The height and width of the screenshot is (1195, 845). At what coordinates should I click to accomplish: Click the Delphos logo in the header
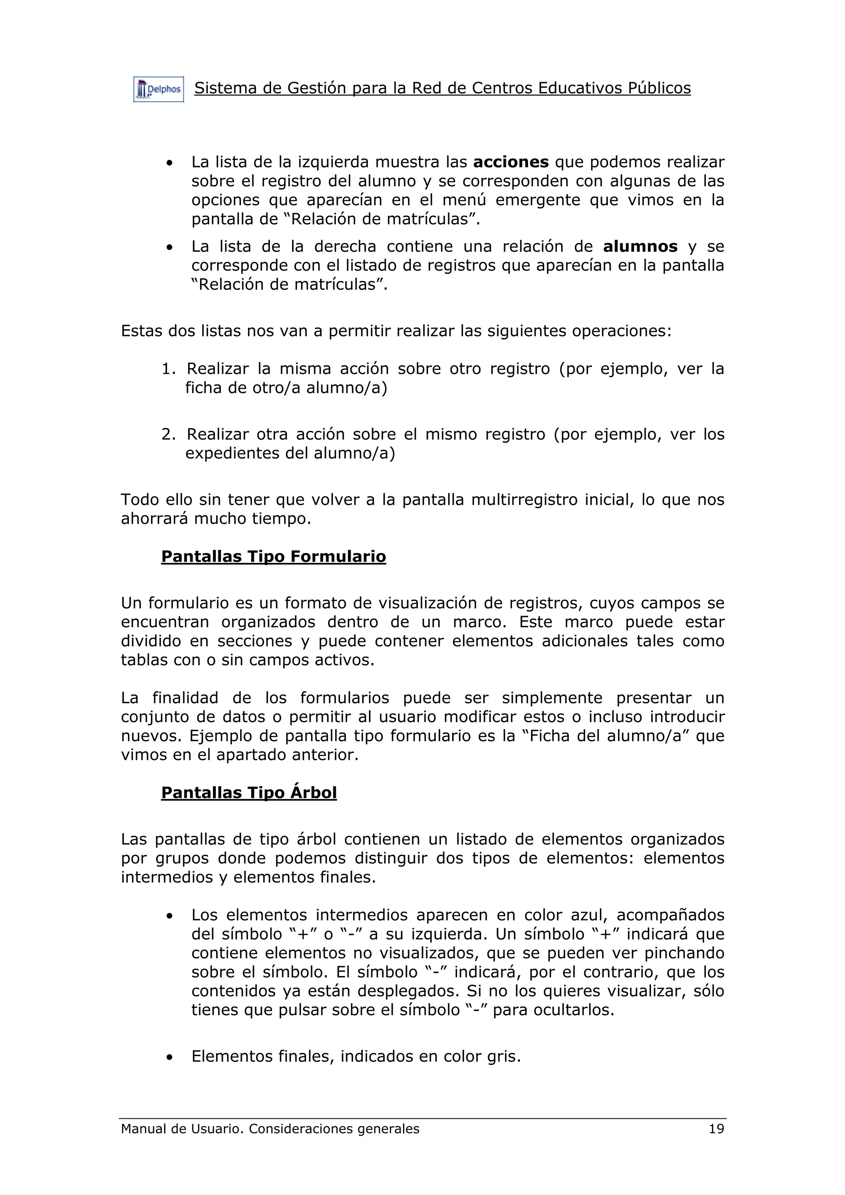158,89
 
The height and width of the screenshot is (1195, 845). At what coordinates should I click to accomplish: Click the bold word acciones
510,162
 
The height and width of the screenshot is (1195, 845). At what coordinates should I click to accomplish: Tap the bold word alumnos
640,246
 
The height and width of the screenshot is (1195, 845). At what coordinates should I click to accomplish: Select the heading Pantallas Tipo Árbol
249,793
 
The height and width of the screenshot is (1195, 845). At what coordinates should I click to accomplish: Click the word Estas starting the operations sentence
141,331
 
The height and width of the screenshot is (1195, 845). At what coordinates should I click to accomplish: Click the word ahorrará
153,519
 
